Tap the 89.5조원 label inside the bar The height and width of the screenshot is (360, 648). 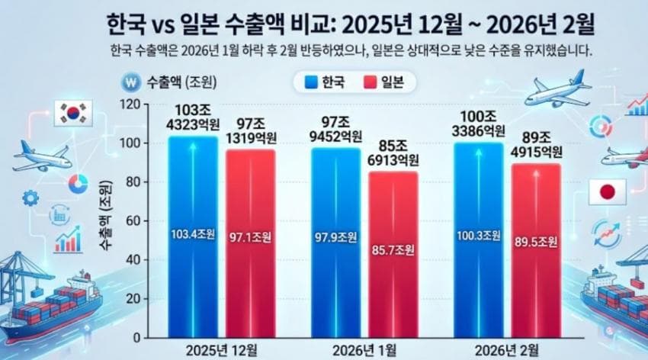535,241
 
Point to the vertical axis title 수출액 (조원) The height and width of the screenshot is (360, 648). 104,216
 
